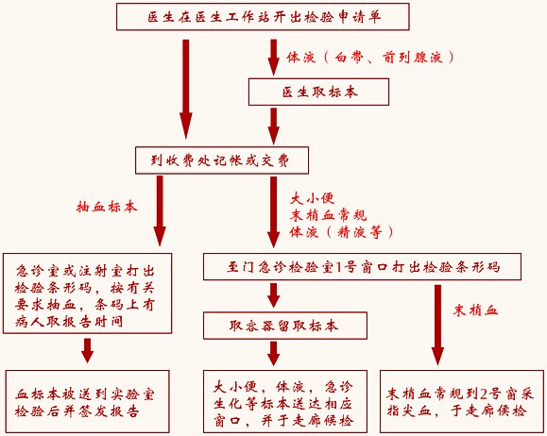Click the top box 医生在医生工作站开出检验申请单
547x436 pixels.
click(263, 17)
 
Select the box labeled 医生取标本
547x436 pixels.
click(318, 92)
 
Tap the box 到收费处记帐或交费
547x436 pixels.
click(222, 160)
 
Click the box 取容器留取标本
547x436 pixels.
click(285, 326)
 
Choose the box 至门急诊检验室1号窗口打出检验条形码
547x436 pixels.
click(362, 267)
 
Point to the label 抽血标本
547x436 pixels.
click(107, 207)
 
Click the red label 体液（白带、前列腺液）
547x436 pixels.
click(370, 58)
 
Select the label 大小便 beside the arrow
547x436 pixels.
click(312, 199)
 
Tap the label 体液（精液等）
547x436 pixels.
click(341, 232)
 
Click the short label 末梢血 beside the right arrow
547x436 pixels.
click(475, 310)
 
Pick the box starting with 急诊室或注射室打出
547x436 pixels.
click(87, 293)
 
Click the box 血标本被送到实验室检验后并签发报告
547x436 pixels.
click(87, 401)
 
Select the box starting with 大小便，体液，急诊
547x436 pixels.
click(285, 401)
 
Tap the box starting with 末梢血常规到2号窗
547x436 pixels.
click(459, 401)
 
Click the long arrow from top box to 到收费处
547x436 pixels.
click(186, 90)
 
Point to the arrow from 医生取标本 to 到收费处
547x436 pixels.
click(274, 126)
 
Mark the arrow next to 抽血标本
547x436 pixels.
click(160, 210)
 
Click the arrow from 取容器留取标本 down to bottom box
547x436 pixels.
click(274, 353)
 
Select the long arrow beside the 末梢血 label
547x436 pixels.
click(437, 326)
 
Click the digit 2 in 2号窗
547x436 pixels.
click(483, 394)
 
